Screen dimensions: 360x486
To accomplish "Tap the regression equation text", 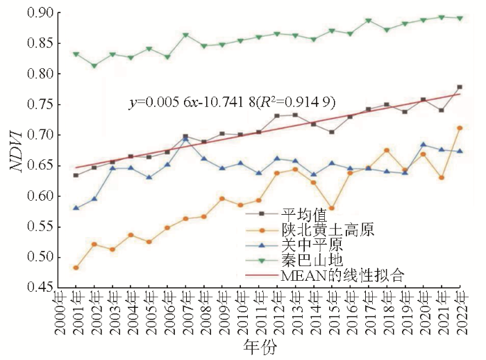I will coord(233,102).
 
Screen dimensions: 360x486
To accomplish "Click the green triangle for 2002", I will coord(94,65).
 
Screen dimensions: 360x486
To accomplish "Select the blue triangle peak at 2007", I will coord(185,140).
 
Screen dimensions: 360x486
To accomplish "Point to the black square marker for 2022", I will coord(460,87).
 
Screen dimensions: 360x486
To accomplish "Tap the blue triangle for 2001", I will coord(76,208).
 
